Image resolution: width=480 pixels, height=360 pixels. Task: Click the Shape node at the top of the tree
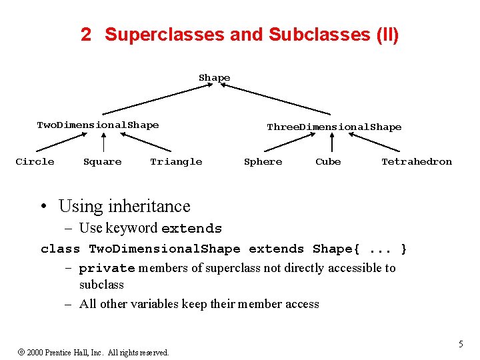coord(214,78)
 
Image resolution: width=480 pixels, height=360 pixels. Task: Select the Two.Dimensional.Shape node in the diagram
coord(98,125)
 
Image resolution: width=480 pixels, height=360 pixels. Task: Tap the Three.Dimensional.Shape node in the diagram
coord(334,127)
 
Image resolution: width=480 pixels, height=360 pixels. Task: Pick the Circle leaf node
coord(35,161)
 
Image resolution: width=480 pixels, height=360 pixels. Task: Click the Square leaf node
coord(102,161)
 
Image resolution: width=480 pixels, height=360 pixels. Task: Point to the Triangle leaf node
coord(176,161)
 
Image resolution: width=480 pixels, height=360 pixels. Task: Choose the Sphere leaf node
coord(263,161)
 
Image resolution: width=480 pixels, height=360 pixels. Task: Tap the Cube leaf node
coord(328,161)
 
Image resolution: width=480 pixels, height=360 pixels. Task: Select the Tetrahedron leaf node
coord(416,161)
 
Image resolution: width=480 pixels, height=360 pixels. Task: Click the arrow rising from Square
coord(104,143)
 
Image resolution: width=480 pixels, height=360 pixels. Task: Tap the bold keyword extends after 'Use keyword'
coord(191,229)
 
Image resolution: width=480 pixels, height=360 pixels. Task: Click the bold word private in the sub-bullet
coord(107,269)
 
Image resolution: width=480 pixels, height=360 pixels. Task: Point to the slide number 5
coord(461,344)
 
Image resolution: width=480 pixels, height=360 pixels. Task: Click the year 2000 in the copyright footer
coord(35,352)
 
